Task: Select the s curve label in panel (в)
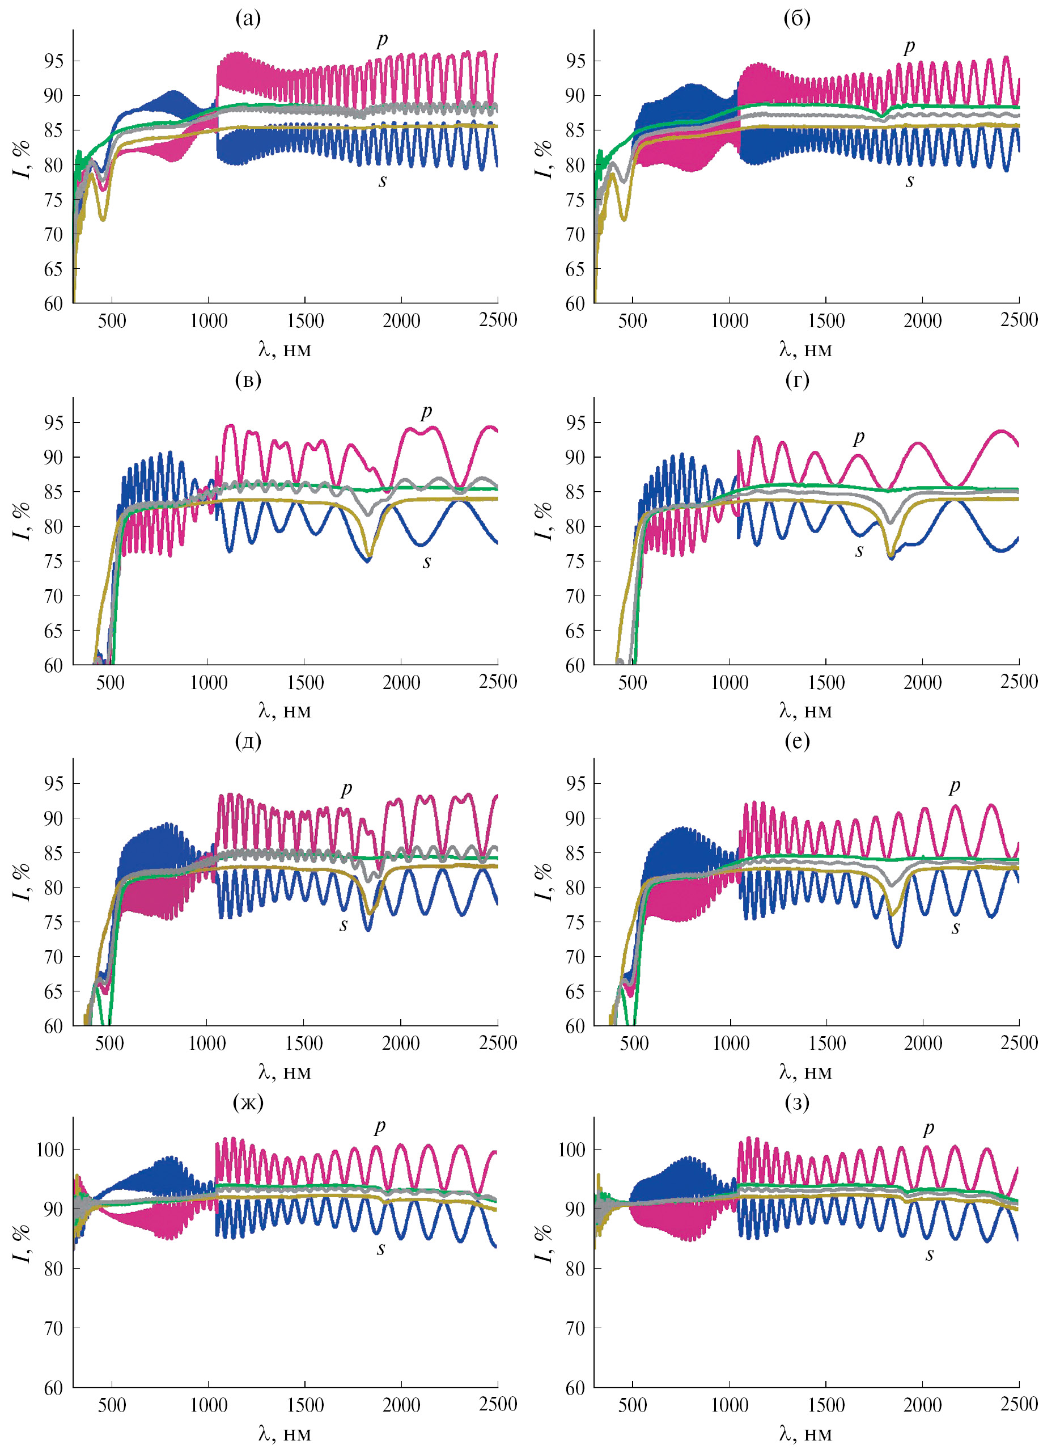point(427,563)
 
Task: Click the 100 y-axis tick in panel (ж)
point(50,1149)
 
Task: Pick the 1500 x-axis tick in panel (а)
point(305,320)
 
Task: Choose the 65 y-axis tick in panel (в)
point(54,631)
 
